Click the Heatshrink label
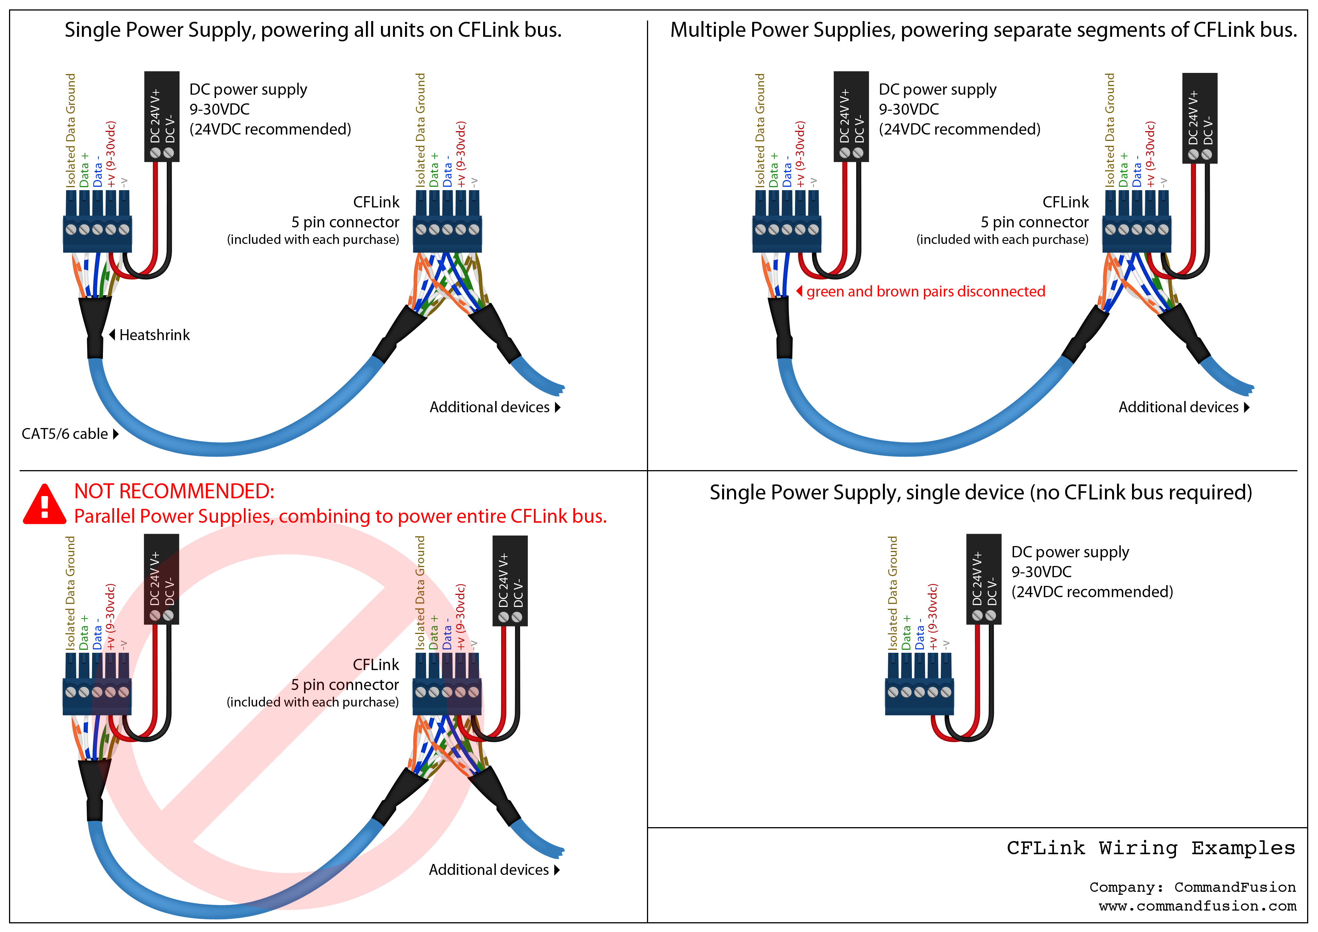(x=154, y=335)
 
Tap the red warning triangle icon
(x=44, y=505)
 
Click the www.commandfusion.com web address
(x=1197, y=906)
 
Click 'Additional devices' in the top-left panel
(x=490, y=407)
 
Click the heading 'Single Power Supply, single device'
(x=981, y=493)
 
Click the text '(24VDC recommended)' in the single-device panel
(x=1092, y=592)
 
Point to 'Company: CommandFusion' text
(x=1192, y=887)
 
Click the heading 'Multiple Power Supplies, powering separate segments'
(x=983, y=30)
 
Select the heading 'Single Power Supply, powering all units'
(x=313, y=30)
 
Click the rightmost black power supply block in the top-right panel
(x=1199, y=118)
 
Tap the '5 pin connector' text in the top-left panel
(x=345, y=222)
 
